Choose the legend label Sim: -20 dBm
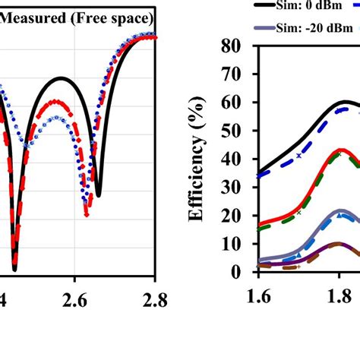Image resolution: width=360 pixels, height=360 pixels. tap(298, 28)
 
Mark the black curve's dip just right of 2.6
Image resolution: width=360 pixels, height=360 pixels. tap(98, 194)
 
